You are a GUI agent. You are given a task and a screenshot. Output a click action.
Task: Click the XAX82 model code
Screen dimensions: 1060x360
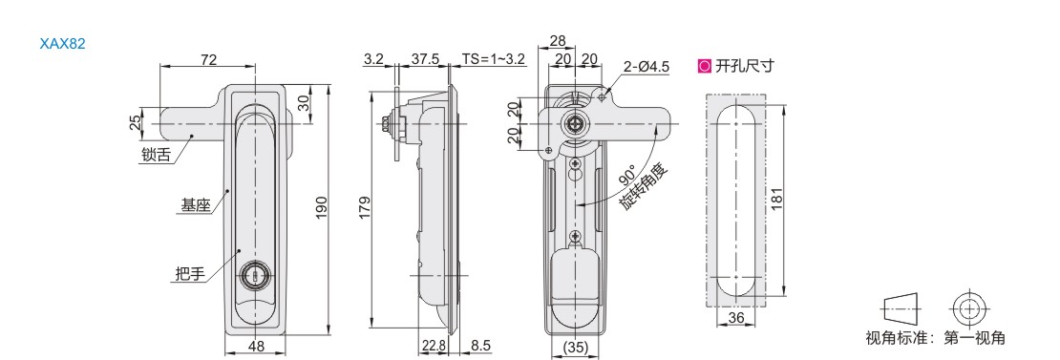(62, 44)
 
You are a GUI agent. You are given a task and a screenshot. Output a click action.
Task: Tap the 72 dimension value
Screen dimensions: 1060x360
(208, 59)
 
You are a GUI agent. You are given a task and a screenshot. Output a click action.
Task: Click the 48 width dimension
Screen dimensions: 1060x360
(257, 347)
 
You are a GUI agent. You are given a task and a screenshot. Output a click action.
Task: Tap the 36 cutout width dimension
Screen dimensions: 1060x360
(737, 318)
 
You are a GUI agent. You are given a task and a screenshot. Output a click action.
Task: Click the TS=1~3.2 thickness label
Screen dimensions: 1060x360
(494, 59)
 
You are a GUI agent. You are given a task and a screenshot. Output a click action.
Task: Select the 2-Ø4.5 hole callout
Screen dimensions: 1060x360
(646, 67)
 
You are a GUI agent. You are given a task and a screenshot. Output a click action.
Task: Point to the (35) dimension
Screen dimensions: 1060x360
(576, 347)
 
